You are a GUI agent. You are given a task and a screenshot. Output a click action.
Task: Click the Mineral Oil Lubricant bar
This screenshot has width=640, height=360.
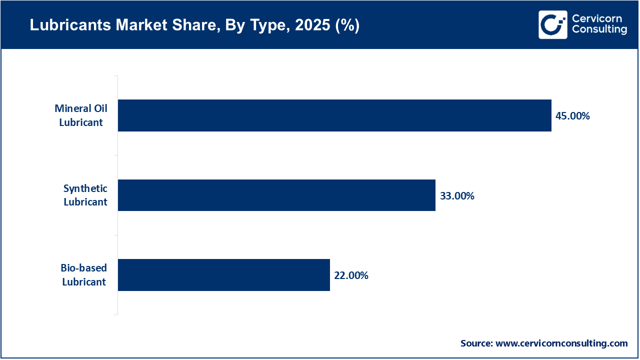(334, 115)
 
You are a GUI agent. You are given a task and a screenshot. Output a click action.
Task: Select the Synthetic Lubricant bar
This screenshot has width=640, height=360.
(276, 195)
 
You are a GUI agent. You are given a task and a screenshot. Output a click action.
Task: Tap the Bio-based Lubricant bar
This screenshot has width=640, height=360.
(224, 274)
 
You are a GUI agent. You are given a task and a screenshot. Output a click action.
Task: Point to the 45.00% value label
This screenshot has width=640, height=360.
(572, 116)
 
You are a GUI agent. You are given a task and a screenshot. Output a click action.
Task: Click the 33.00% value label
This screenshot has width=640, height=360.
(457, 196)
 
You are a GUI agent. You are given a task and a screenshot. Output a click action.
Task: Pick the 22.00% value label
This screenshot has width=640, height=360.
(351, 275)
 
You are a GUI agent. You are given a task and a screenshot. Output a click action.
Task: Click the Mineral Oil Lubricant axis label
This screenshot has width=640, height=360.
(81, 115)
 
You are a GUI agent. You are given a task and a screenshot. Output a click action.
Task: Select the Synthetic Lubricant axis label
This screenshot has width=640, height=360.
(85, 195)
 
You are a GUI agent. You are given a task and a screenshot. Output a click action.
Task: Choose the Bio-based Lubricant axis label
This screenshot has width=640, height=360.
(84, 275)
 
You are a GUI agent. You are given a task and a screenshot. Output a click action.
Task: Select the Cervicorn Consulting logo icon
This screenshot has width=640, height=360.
(552, 24)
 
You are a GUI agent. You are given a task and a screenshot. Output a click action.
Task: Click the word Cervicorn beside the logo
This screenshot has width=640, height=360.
(596, 18)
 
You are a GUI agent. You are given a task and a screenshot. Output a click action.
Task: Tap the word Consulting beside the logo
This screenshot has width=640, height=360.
(599, 30)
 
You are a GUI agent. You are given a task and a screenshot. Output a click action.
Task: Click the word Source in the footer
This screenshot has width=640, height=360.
(476, 343)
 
